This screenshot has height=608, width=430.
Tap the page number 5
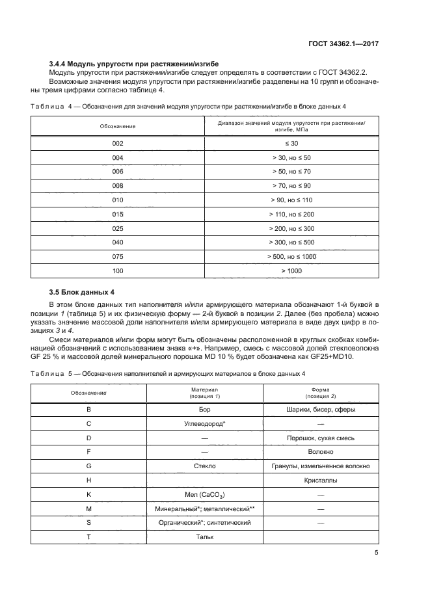[x=377, y=553]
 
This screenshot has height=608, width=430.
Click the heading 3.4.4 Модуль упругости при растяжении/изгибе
[x=134, y=63]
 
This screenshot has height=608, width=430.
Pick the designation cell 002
[x=118, y=142]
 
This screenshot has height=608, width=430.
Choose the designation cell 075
[x=118, y=256]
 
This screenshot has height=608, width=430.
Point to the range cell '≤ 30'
[x=291, y=142]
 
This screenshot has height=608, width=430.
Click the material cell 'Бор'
[x=205, y=410]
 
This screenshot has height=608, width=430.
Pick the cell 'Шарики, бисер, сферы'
[x=321, y=410]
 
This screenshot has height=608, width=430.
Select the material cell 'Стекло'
[x=205, y=466]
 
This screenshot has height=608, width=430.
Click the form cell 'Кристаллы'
[x=321, y=480]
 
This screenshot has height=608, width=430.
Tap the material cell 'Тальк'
[x=205, y=536]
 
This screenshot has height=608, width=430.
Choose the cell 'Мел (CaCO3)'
[x=205, y=495]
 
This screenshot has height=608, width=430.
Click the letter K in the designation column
[x=89, y=494]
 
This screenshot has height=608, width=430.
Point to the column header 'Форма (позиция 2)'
[x=321, y=392]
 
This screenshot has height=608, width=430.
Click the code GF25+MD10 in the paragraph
[x=342, y=355]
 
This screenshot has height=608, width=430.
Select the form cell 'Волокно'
[x=321, y=451]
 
